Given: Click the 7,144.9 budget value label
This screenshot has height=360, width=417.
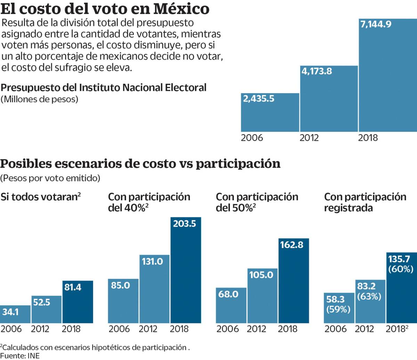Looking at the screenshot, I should pos(376,24).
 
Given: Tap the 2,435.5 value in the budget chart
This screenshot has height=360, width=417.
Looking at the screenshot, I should pos(259,99).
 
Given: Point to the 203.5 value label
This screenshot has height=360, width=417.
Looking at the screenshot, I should pos(185,224).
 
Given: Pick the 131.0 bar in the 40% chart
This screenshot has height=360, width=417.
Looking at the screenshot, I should pos(154,289).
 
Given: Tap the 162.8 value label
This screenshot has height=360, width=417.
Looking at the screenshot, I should pos(292,245).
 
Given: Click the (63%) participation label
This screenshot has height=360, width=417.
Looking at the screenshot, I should pos(369,297).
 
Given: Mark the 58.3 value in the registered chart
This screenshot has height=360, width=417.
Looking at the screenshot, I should pos(335,299).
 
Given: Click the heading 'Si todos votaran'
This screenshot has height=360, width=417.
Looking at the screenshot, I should pos(40,197).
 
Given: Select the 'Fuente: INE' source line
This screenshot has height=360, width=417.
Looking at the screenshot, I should pos(20,355).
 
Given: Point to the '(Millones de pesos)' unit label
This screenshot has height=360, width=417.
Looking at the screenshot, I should pos(39,99).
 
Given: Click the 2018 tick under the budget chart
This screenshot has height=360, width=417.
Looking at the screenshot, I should pos(368,138).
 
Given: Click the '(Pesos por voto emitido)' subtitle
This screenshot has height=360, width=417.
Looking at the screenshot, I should pos(50,178).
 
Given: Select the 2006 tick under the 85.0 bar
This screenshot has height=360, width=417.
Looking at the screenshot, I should pos(119,329).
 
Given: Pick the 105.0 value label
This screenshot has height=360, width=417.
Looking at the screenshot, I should pos(261,275).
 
